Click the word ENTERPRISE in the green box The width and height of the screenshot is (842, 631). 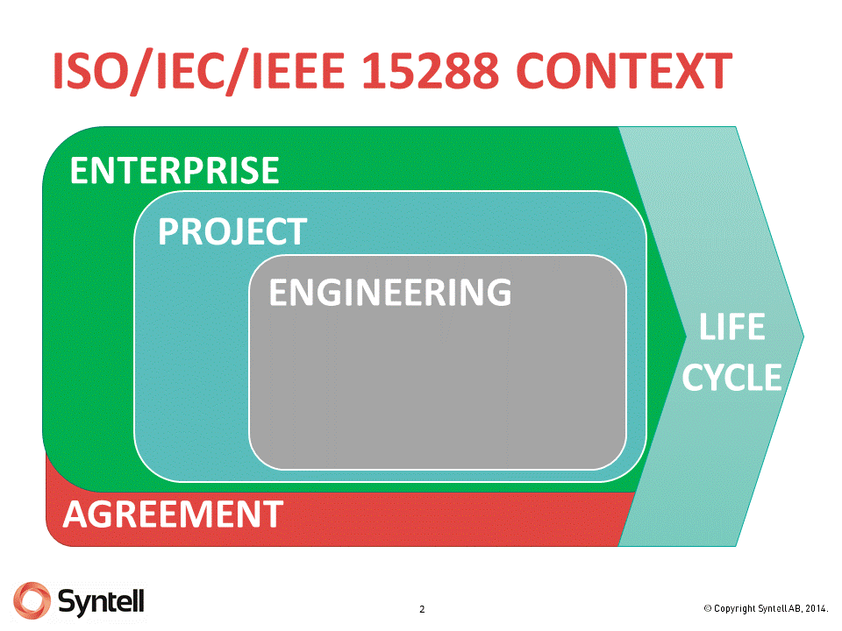175,170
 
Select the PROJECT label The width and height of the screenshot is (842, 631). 232,232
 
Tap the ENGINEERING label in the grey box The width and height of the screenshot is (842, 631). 389,293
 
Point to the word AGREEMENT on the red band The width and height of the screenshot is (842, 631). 173,514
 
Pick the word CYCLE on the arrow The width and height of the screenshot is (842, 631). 732,378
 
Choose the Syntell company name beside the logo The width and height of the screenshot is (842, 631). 102,600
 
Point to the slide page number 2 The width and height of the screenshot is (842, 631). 422,609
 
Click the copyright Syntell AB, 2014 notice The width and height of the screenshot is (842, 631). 766,608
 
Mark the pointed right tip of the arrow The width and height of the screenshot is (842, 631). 803,336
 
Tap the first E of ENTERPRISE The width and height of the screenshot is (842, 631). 80,170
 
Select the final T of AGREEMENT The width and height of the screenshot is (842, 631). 273,514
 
